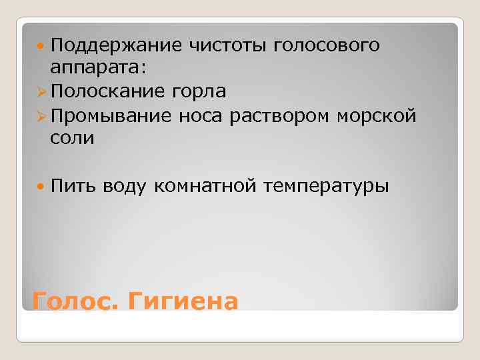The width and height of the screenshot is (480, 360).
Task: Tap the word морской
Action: (377, 115)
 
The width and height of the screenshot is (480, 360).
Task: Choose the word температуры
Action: (326, 186)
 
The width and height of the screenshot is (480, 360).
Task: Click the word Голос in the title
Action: (73, 301)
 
